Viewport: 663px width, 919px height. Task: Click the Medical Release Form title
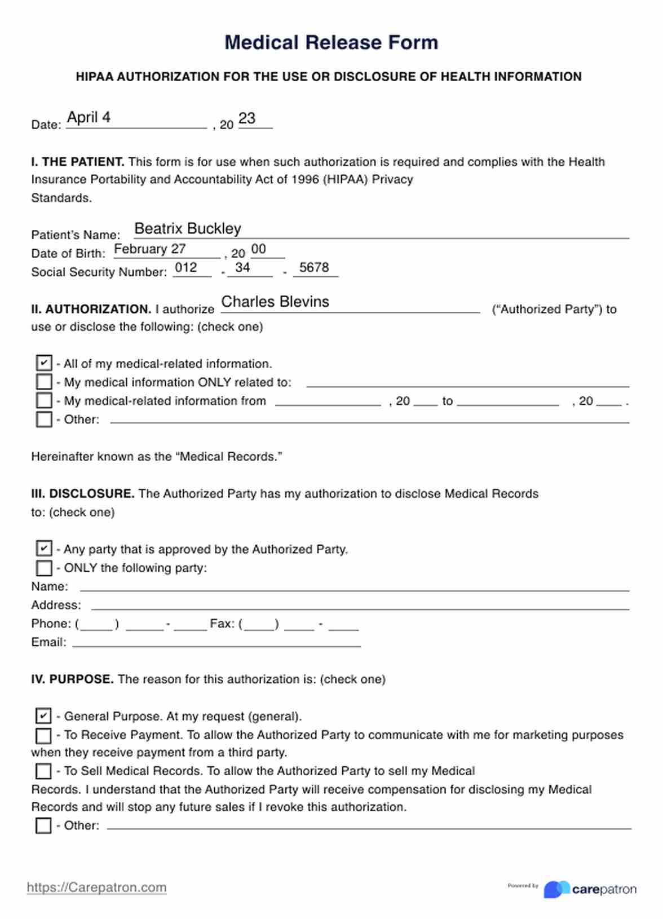coord(331,42)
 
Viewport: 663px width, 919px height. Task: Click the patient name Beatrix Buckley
coord(187,228)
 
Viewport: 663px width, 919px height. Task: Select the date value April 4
coord(89,117)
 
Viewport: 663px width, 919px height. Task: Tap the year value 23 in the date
coord(247,118)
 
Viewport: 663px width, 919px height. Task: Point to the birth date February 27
coord(149,249)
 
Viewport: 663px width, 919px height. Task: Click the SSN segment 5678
coord(313,267)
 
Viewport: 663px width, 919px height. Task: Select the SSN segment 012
coord(186,267)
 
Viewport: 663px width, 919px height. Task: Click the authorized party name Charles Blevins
coord(275,302)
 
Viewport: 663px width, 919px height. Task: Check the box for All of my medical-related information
coord(43,363)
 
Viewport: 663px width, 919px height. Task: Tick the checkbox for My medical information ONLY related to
coord(43,382)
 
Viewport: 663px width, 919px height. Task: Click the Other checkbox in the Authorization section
coord(43,419)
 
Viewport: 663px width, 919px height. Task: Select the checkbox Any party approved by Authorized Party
coord(43,548)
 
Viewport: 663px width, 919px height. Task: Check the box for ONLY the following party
coord(43,567)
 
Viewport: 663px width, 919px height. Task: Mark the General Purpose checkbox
coord(43,715)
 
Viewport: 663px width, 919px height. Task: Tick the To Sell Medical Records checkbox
coord(43,771)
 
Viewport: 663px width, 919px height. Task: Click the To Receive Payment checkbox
coord(43,735)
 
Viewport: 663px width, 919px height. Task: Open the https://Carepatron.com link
coord(96,887)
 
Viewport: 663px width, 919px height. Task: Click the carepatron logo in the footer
coord(590,889)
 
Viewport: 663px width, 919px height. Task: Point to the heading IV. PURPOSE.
coord(72,679)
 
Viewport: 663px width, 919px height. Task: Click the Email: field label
coord(48,642)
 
